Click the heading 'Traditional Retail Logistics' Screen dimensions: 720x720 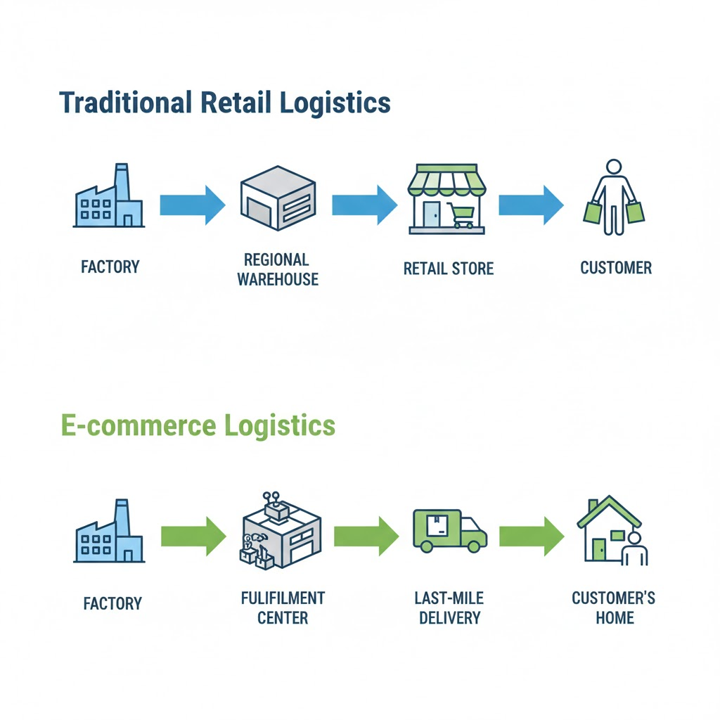(225, 103)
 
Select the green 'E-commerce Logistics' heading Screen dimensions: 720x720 (198, 425)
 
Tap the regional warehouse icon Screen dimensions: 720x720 (278, 199)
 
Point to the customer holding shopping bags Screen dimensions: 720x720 (614, 198)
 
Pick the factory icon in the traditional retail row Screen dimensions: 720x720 (109, 199)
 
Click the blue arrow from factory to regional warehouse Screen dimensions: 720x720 (192, 205)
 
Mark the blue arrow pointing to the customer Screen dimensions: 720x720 (531, 205)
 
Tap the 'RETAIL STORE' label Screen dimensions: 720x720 (449, 268)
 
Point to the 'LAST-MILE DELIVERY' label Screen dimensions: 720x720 (449, 607)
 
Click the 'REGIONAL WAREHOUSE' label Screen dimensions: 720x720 (278, 269)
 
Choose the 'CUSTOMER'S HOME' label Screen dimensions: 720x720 (613, 607)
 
